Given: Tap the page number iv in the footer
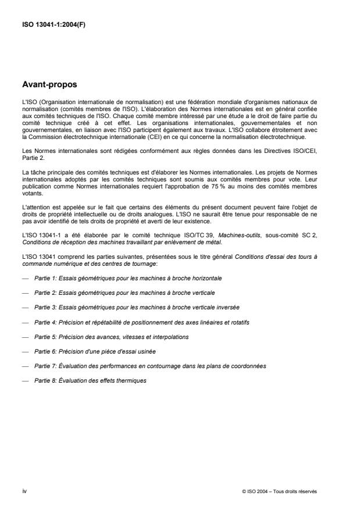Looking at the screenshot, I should pyautogui.click(x=24, y=491).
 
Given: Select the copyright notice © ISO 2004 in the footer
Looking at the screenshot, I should pyautogui.click(x=280, y=491).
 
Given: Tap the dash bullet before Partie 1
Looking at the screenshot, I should pyautogui.click(x=25, y=278).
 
